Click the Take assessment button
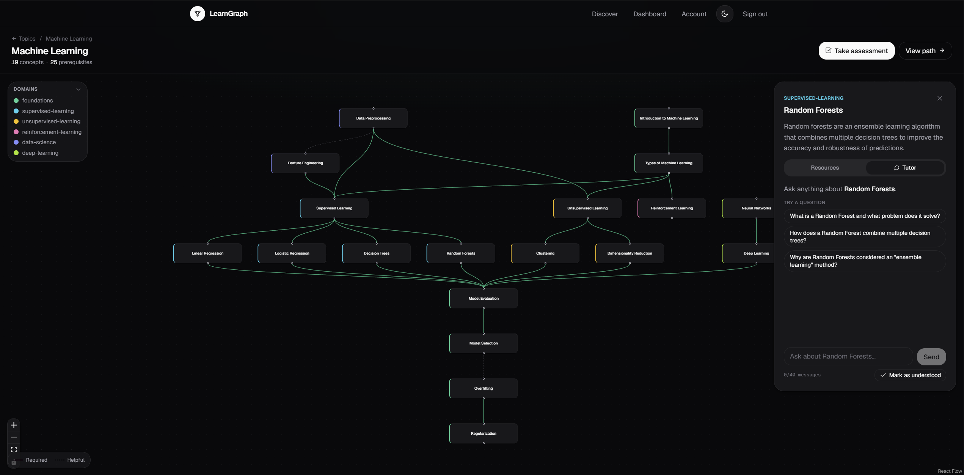point(856,51)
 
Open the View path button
point(925,51)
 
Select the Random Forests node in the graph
point(461,253)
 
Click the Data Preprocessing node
point(373,118)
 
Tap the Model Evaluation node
point(484,299)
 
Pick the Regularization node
point(484,434)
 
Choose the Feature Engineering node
point(305,163)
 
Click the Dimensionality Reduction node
point(630,253)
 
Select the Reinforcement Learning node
point(672,208)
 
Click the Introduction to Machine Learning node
point(669,118)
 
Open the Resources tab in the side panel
point(825,168)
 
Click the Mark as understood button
point(910,375)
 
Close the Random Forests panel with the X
point(939,98)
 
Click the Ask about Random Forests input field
point(848,357)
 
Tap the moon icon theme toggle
point(724,14)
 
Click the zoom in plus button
point(14,425)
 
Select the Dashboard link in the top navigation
point(650,14)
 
